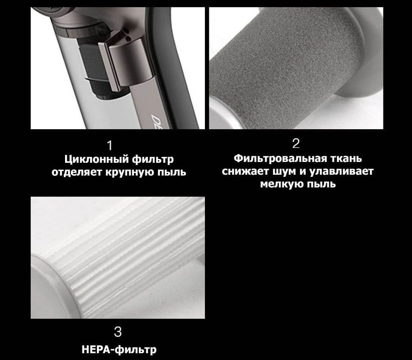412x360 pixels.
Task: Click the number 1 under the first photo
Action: point(110,145)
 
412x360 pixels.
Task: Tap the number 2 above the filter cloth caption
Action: point(296,144)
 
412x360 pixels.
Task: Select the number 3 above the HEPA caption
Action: point(118,332)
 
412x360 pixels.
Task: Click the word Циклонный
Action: point(97,159)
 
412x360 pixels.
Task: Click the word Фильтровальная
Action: point(280,159)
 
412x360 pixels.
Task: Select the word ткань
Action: point(346,159)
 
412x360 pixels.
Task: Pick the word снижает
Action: point(246,171)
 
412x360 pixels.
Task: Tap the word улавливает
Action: point(341,172)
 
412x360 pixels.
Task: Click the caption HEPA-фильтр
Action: point(119,350)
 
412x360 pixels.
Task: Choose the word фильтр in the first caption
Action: point(153,159)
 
